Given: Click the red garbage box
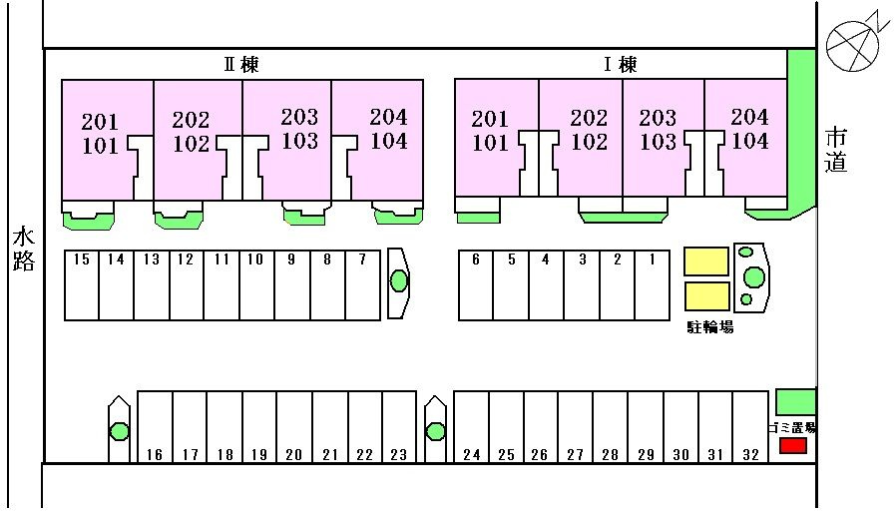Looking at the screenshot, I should click(792, 446).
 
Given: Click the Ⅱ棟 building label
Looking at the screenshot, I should click(240, 65).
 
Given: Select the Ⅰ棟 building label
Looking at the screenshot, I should click(620, 65).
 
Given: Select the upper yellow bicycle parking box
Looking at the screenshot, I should click(705, 261).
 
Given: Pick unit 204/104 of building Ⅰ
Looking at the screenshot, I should click(749, 129).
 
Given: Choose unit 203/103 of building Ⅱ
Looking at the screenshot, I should click(298, 129).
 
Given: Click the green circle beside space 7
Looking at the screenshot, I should click(399, 281).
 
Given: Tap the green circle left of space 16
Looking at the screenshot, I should click(119, 431).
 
